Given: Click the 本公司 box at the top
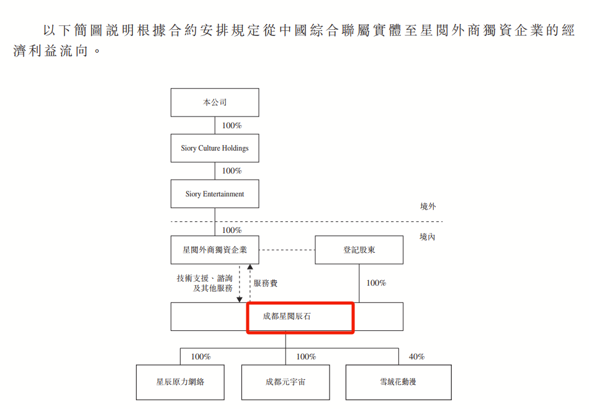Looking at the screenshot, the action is point(215,102).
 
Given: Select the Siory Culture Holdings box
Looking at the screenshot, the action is point(215,148).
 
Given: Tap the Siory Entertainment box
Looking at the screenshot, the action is point(215,194).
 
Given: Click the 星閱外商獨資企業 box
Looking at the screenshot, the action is point(215,250).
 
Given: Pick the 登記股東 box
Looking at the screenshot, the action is point(359,250).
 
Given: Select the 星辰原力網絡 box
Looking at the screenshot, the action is point(180,382).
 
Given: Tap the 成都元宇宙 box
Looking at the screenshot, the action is point(286,382).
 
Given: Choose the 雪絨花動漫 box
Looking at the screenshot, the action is point(398,382).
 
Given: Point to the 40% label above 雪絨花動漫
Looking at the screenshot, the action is point(416,357).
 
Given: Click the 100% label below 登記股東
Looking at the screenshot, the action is point(376,283).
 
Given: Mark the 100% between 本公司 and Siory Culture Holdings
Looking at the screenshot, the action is point(232,125).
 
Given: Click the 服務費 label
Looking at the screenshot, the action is point(266,283).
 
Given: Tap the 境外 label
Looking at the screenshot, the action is point(428,207).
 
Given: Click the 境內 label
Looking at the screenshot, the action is point(428,237).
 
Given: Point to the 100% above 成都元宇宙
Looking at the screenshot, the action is point(306,357).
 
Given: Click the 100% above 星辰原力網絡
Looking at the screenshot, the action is point(200,357).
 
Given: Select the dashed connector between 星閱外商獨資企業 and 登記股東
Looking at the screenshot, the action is point(287,250).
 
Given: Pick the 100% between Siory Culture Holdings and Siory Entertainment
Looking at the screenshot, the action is point(232,171).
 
